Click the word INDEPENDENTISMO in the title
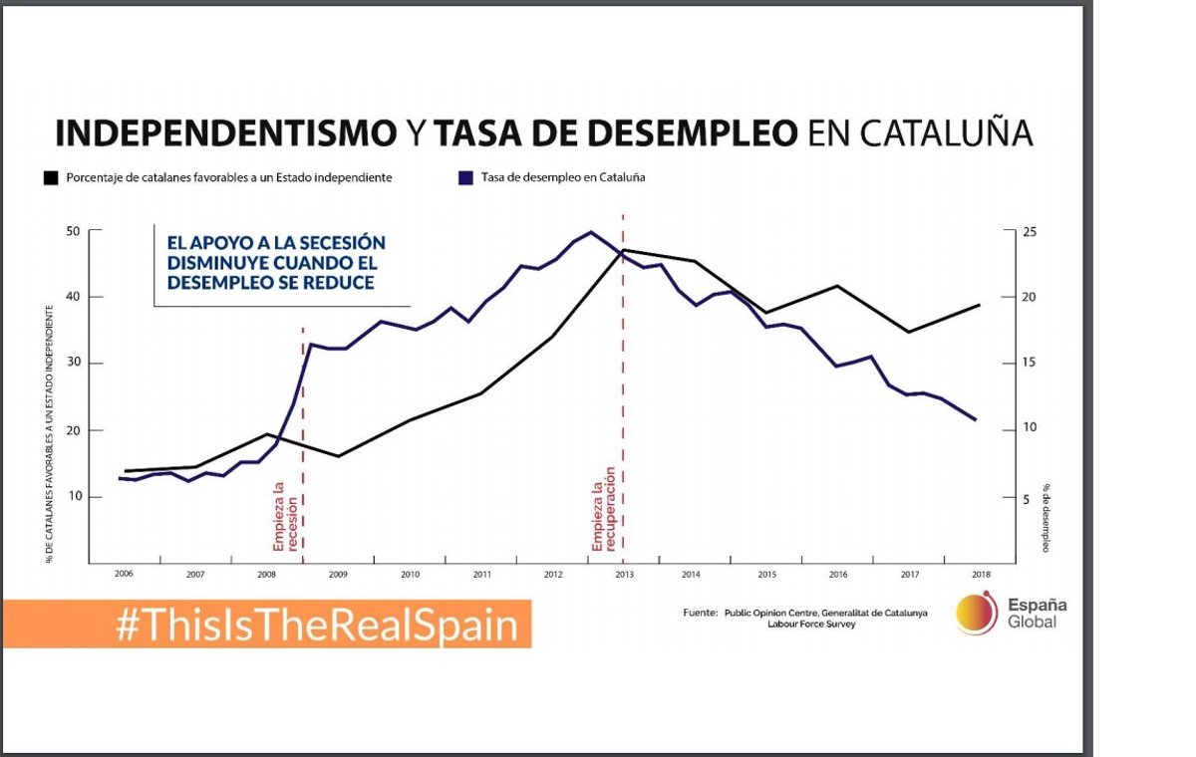pyautogui.click(x=225, y=132)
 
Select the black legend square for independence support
pyautogui.click(x=51, y=178)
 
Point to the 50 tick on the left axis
pyautogui.click(x=73, y=231)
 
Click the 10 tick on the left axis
pyautogui.click(x=73, y=497)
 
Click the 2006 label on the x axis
pyautogui.click(x=124, y=575)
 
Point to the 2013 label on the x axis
pyautogui.click(x=626, y=575)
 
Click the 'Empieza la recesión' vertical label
pyautogui.click(x=286, y=516)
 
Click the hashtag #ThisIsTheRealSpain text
pyautogui.click(x=318, y=626)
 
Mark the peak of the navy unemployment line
pyautogui.click(x=591, y=232)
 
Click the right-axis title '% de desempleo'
pyautogui.click(x=1046, y=517)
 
